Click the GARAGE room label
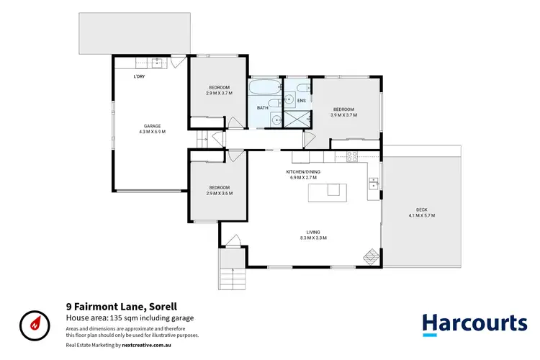coord(152,126)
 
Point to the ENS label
coord(301,100)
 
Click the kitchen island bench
coord(326,191)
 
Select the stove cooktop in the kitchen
coord(353,156)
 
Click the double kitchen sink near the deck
coord(373,184)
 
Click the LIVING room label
coord(313,232)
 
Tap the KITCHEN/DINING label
coord(313,172)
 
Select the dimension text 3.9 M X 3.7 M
coord(343,114)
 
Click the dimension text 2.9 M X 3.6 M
coord(219,193)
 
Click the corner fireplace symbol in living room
coord(370,256)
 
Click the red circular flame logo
coord(34,324)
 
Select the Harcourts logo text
coord(474,323)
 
